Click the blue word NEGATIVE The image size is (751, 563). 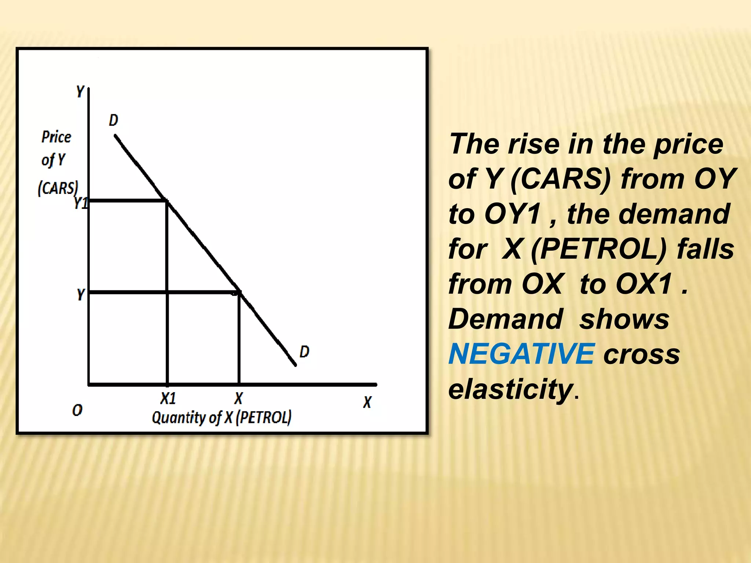pos(521,354)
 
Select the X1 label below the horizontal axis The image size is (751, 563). pos(168,398)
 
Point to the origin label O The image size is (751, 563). pos(77,410)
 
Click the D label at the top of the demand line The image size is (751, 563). pos(113,120)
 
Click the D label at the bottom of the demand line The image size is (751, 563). pos(304,352)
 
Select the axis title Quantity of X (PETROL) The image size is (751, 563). pos(221,417)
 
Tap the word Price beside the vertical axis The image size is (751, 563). pos(56,137)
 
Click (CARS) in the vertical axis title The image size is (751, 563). pos(58,188)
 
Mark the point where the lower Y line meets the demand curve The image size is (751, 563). pos(239,292)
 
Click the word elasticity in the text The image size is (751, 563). pos(511,389)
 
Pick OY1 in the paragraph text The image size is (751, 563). pos(513,214)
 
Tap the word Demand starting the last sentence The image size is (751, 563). pos(506,319)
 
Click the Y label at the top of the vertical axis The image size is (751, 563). pos(80,91)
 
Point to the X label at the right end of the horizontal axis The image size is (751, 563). pos(367,402)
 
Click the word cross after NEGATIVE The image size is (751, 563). pos(641,354)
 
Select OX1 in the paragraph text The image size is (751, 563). pos(644,284)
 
